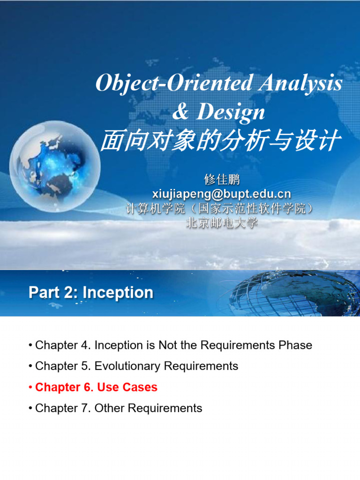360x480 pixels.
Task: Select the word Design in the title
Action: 230,112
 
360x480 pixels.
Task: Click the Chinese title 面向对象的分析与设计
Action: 219,141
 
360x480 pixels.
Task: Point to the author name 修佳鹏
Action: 222,179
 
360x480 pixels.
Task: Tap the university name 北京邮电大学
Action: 222,223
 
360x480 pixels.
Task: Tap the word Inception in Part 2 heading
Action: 118,293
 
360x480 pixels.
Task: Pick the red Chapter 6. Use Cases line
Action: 96,387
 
